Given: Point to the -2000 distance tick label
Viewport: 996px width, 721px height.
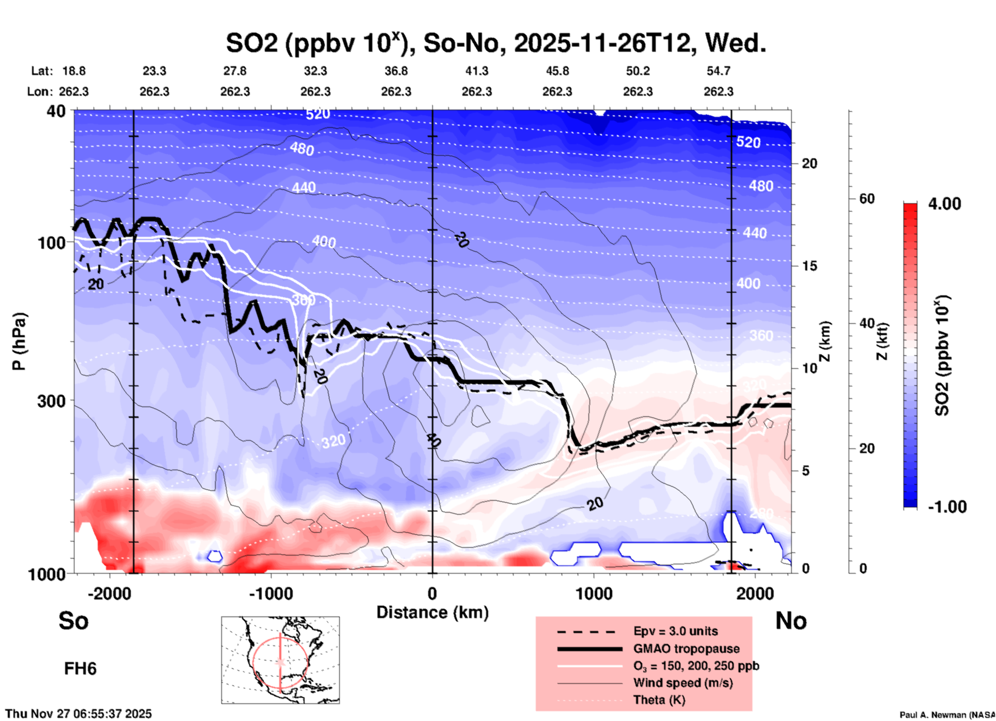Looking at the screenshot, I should [x=109, y=593].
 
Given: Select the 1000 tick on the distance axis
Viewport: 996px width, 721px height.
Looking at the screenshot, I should [x=594, y=593].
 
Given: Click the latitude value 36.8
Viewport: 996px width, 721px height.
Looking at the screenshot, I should [x=396, y=71].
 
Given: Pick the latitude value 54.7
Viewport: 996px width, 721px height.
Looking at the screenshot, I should [x=718, y=71].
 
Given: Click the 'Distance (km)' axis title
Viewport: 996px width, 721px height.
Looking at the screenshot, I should [x=432, y=612].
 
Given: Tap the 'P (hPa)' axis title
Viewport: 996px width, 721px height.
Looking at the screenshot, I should [x=19, y=341].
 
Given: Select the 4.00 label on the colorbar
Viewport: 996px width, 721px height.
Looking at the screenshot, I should [x=944, y=204].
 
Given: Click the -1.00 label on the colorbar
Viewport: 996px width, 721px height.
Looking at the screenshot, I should [x=947, y=507].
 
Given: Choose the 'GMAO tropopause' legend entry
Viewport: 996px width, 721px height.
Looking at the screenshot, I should [x=686, y=649].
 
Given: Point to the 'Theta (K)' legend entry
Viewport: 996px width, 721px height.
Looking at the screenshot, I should [x=659, y=700].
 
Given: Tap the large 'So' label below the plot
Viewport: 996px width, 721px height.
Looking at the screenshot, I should [x=73, y=621].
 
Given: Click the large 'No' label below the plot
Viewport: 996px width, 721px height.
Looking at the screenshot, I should [x=791, y=621].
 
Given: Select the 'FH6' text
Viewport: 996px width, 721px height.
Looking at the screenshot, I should [x=80, y=669].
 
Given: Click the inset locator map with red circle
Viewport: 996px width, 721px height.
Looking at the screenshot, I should [x=280, y=660].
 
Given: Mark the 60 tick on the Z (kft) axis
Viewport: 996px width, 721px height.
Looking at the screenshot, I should [x=867, y=199].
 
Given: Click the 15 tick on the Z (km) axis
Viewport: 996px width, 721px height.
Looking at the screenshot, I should [x=809, y=266].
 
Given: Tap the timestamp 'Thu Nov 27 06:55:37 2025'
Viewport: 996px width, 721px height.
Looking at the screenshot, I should [x=79, y=714].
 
